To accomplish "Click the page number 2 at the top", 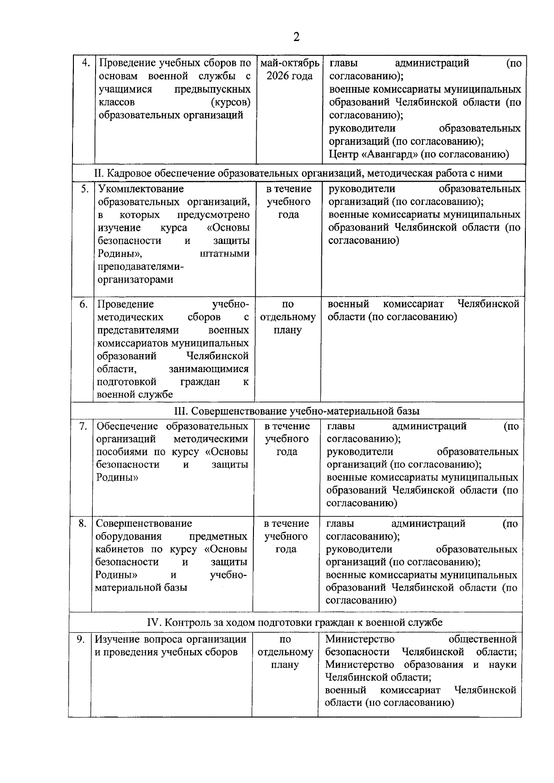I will pyautogui.click(x=296, y=36).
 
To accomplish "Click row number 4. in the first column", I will pyautogui.click(x=85, y=63).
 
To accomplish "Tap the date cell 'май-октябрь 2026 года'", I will pyautogui.click(x=289, y=69).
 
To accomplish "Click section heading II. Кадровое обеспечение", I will pyautogui.click(x=298, y=173).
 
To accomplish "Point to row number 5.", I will pyautogui.click(x=85, y=189).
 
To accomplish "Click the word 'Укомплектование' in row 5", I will pyautogui.click(x=141, y=189).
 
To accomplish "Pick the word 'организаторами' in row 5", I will pyautogui.click(x=135, y=279).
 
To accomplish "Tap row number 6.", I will pyautogui.click(x=84, y=304).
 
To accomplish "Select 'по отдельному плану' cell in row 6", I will pyautogui.click(x=288, y=317).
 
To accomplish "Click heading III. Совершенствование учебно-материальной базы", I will pyautogui.click(x=296, y=410).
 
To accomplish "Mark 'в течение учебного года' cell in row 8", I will pyautogui.click(x=286, y=536).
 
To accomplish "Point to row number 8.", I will pyautogui.click(x=83, y=523).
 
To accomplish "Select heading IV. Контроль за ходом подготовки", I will pyautogui.click(x=295, y=622).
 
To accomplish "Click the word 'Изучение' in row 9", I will pyautogui.click(x=115, y=639).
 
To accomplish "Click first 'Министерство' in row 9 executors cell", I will pyautogui.click(x=360, y=639).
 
